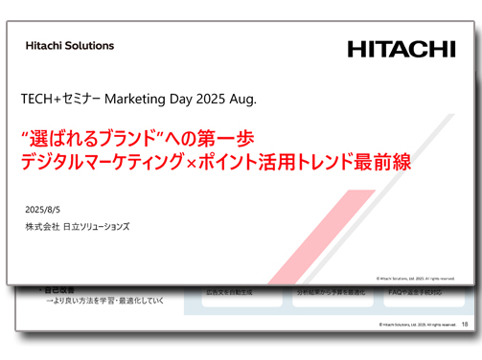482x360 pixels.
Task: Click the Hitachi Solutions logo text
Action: pos(70,45)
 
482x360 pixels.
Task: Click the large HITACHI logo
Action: pos(402,49)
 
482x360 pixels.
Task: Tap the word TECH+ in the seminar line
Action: pos(42,100)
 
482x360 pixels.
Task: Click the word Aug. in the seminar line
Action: pos(242,100)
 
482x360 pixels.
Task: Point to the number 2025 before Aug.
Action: pos(210,100)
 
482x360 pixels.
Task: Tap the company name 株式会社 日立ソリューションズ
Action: pos(78,227)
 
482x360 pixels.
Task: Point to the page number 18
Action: pos(465,326)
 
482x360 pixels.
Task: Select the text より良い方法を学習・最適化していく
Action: pos(106,300)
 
